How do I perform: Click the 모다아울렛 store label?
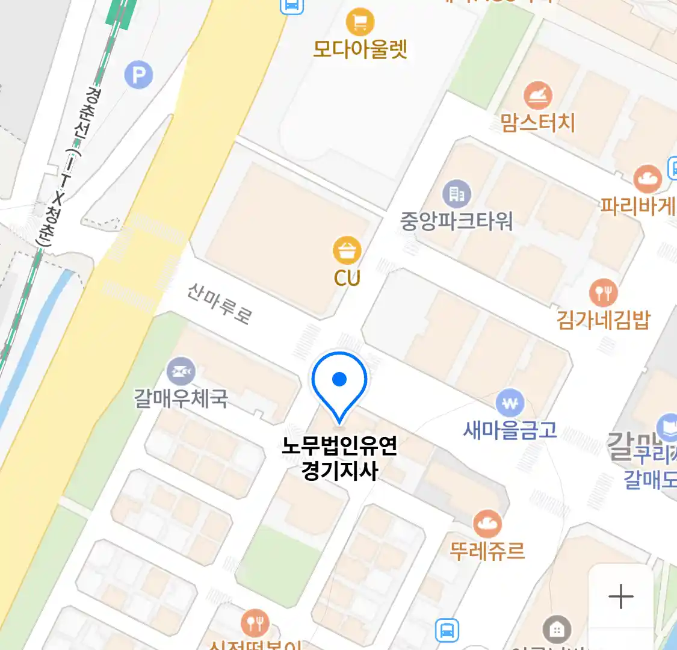[360, 49]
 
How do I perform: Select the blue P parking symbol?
[139, 75]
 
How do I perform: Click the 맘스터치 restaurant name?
[537, 122]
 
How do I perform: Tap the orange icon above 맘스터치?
[537, 96]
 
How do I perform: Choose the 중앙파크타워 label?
[456, 221]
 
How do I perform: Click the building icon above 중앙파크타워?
[457, 194]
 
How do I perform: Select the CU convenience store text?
[347, 278]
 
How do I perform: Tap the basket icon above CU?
[347, 250]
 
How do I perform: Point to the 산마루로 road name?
[219, 303]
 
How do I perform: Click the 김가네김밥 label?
[603, 319]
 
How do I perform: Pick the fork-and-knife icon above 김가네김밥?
[603, 293]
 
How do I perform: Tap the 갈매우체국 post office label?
[181, 398]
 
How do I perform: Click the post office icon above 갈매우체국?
[181, 372]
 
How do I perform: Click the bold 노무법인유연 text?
[339, 446]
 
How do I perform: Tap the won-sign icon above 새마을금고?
[510, 403]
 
